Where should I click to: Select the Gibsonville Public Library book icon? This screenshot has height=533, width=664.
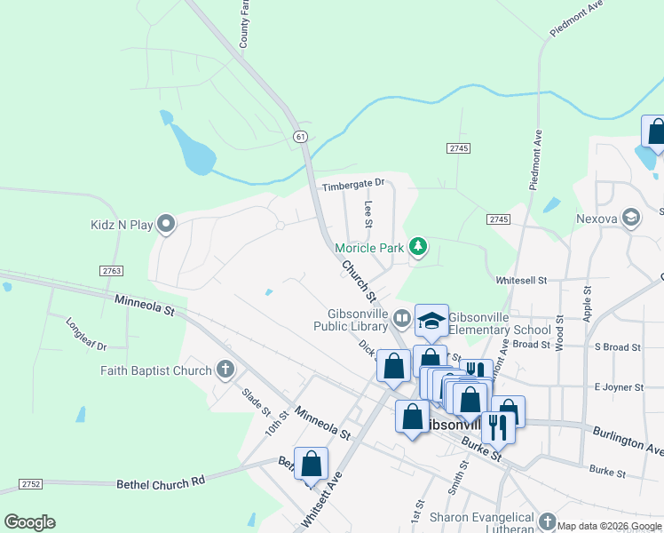pyautogui.click(x=402, y=317)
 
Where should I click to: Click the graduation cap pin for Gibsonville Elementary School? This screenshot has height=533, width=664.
pyautogui.click(x=431, y=322)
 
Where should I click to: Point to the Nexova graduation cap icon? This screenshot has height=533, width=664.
pyautogui.click(x=631, y=218)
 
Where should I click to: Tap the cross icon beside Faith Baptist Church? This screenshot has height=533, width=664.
pyautogui.click(x=225, y=370)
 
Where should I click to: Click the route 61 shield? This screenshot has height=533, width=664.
pyautogui.click(x=302, y=136)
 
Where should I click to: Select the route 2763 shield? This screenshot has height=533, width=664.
pyautogui.click(x=112, y=270)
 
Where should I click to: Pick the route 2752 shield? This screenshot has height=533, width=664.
pyautogui.click(x=29, y=484)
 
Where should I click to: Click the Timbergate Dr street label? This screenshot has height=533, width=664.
pyautogui.click(x=353, y=183)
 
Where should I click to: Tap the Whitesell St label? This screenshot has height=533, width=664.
pyautogui.click(x=526, y=280)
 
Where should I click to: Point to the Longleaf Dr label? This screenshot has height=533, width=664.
pyautogui.click(x=86, y=333)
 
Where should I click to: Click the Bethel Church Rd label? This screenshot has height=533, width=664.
pyautogui.click(x=161, y=481)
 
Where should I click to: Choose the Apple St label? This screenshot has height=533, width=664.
pyautogui.click(x=587, y=304)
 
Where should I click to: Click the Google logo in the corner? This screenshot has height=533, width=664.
pyautogui.click(x=29, y=522)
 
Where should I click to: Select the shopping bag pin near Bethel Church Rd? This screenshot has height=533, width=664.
pyautogui.click(x=311, y=464)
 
